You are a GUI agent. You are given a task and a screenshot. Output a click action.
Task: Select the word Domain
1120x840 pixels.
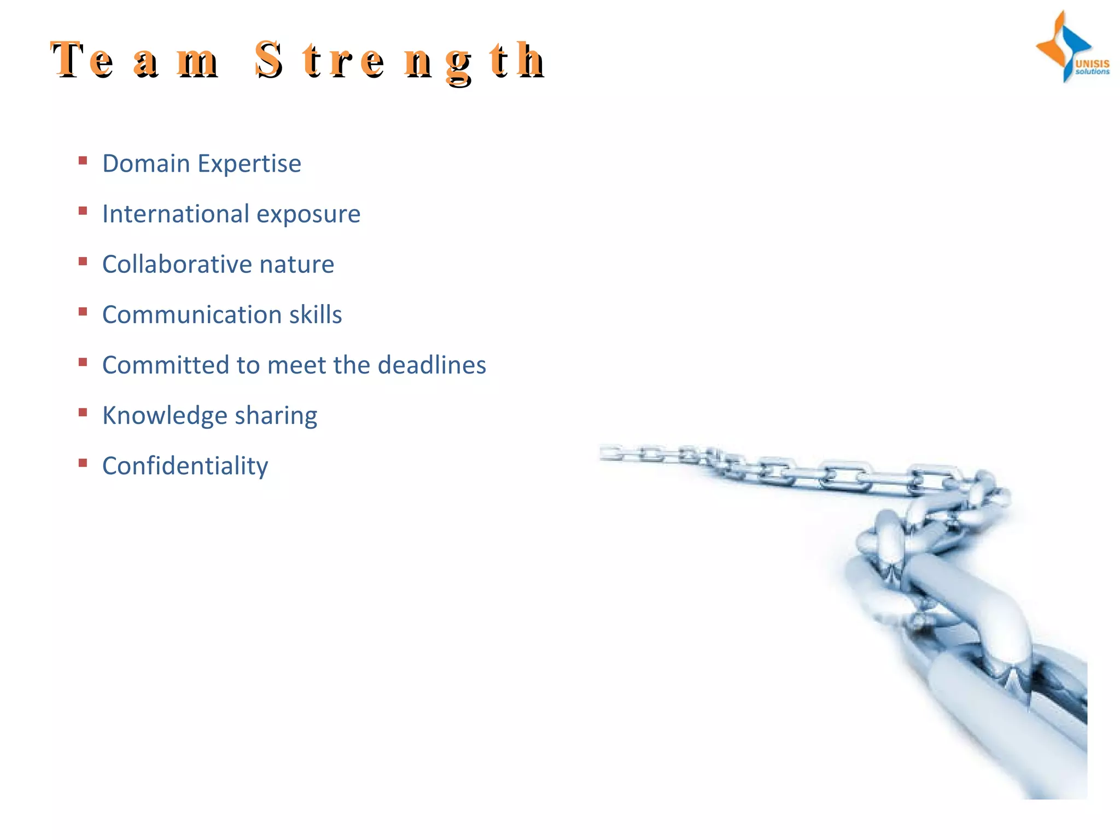tap(146, 164)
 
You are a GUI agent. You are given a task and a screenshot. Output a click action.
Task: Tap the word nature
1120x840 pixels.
tap(296, 265)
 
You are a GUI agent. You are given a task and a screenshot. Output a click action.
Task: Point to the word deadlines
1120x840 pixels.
tap(431, 365)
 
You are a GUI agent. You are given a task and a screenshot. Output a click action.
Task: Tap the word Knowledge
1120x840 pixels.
tap(165, 416)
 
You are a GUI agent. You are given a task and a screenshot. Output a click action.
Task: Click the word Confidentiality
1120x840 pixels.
tap(185, 466)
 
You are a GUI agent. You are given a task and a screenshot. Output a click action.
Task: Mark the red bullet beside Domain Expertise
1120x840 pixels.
tap(83, 160)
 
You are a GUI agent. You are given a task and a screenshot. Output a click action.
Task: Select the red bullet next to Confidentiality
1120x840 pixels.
tap(83, 463)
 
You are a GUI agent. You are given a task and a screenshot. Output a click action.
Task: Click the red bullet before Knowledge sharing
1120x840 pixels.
tap(83, 412)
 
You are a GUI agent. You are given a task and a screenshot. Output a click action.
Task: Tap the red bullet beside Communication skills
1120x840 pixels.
tap(83, 312)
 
